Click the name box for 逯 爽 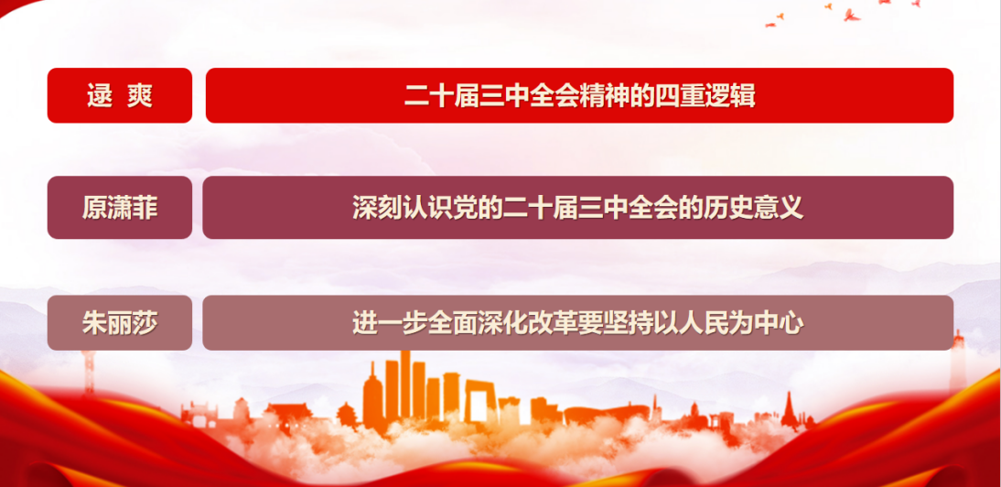[x=119, y=95]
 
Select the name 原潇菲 [x=119, y=208]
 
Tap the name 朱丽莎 [x=119, y=323]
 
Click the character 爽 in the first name [x=139, y=96]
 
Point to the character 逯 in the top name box [x=100, y=96]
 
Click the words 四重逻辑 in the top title [x=705, y=96]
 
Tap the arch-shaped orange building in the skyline [x=479, y=402]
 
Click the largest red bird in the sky [x=851, y=15]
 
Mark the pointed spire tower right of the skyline [x=790, y=408]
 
